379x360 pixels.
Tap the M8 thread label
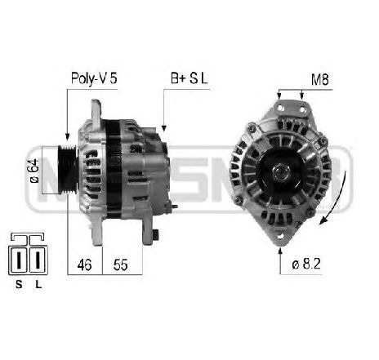click(321, 78)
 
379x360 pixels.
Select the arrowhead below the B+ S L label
click(164, 127)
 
